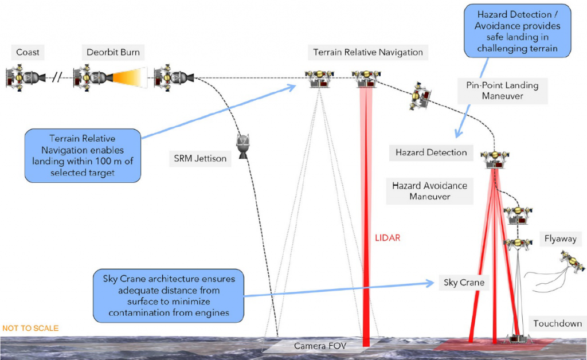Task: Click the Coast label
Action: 28,52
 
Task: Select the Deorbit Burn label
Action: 113,52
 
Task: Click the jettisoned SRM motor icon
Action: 243,146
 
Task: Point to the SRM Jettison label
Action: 200,158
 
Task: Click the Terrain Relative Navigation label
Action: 368,52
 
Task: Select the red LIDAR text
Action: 388,238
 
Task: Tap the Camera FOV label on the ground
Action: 320,346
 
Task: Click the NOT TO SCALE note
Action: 30,328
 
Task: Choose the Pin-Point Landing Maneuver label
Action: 502,91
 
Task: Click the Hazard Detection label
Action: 431,152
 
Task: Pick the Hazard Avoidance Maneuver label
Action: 430,191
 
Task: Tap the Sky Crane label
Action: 464,283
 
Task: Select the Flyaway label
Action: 561,238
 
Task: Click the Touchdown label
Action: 557,323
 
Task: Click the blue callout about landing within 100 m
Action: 83,156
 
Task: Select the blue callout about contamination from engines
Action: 169,296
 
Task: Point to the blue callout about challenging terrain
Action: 518,31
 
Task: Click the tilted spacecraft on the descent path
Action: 421,96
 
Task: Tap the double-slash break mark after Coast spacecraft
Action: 57,77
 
